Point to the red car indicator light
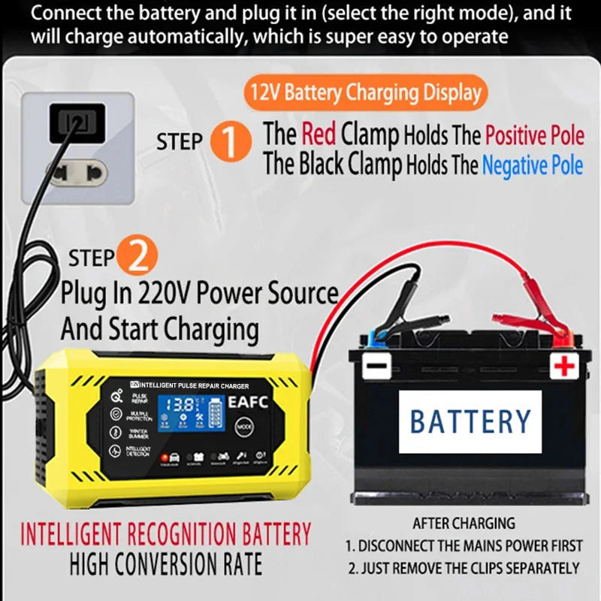point(163,456)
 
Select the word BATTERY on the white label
point(470,421)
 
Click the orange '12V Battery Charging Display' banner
point(365,93)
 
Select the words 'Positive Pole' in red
point(534,135)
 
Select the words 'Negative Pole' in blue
point(532,165)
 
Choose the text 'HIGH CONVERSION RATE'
point(166,563)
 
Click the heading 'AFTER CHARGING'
point(464,523)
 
